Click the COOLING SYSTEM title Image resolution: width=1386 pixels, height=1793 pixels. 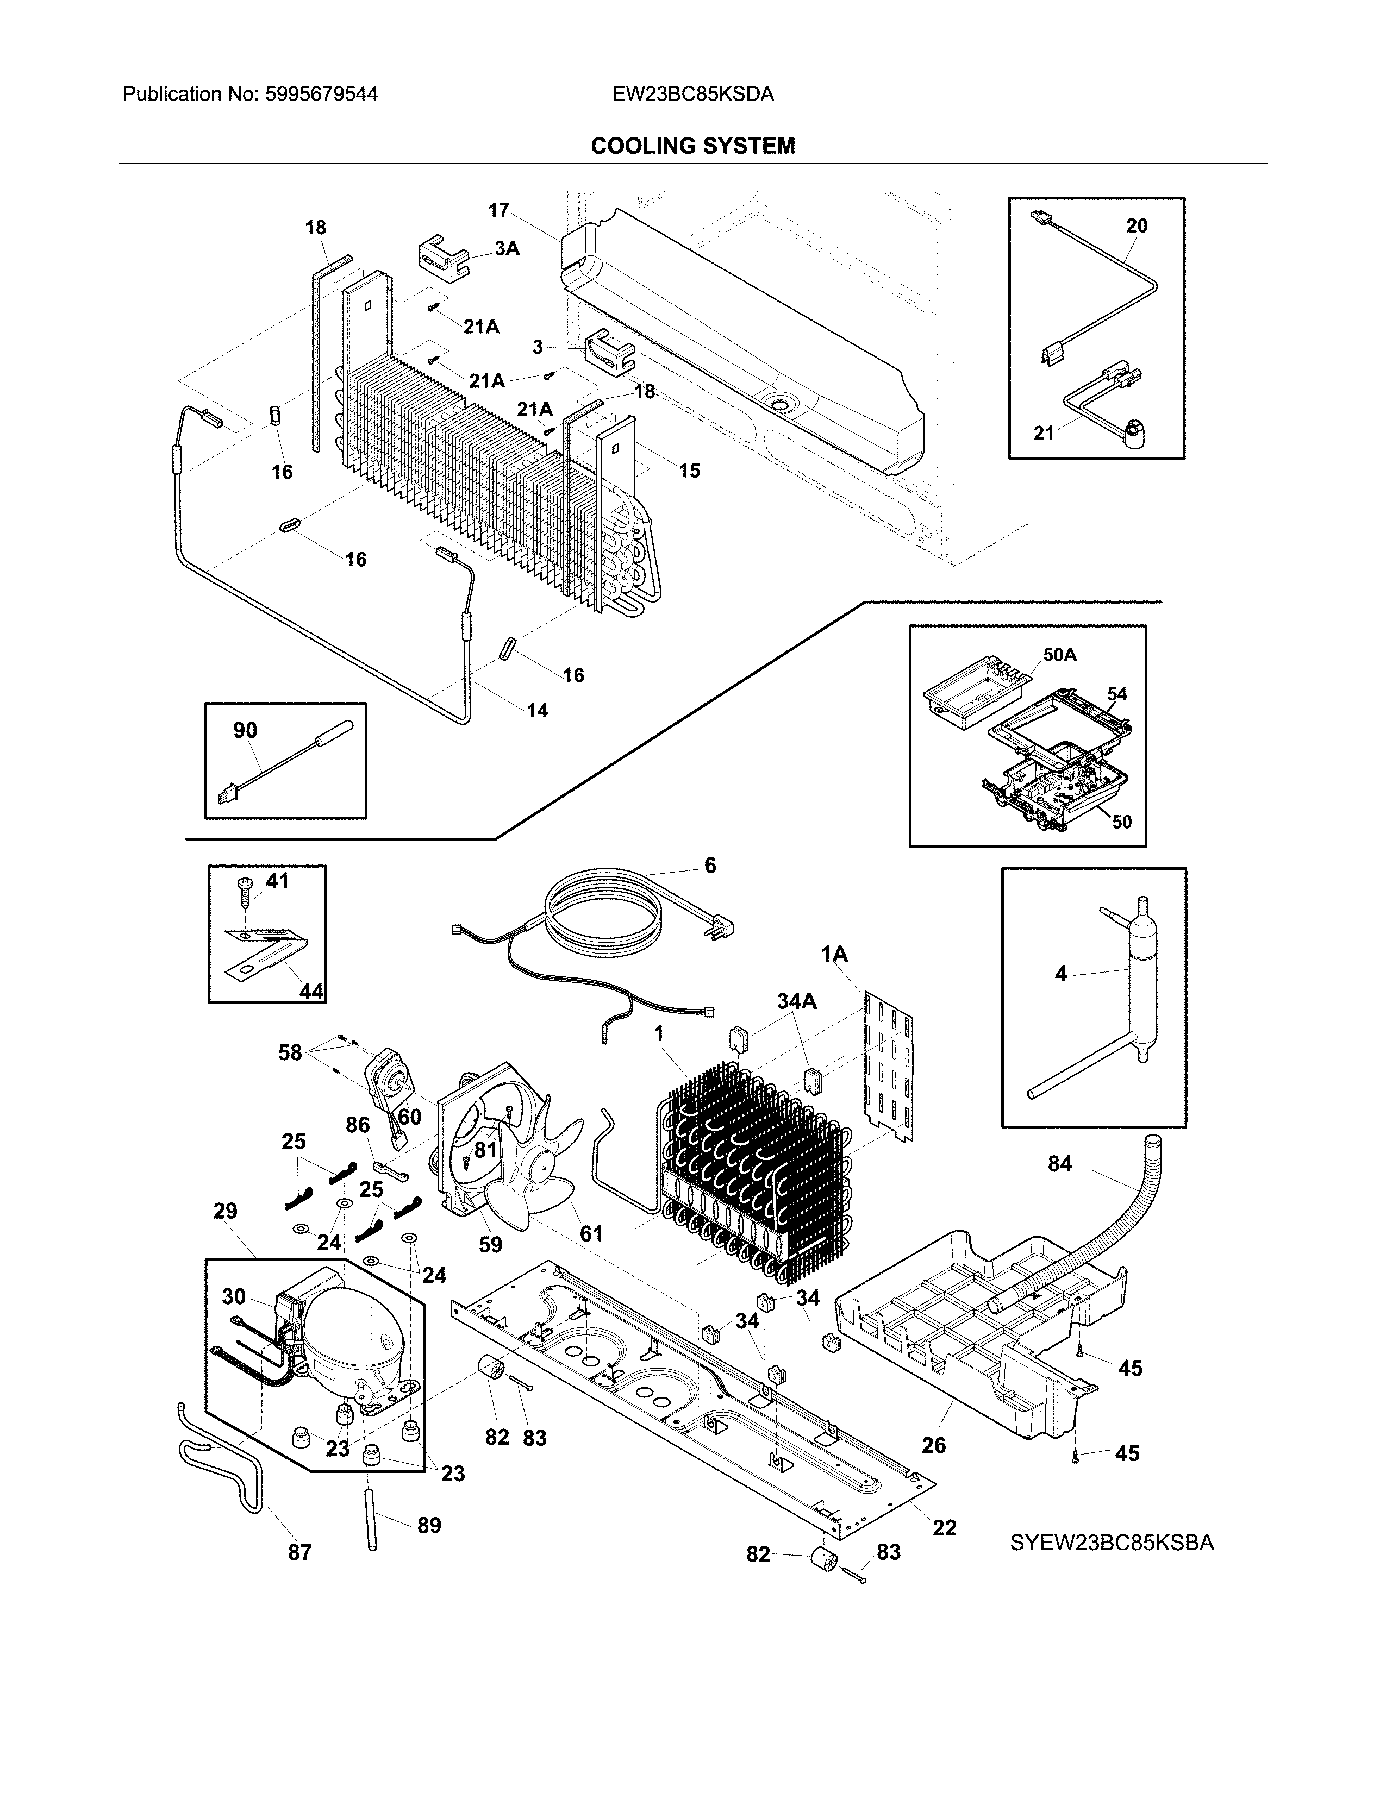pyautogui.click(x=692, y=146)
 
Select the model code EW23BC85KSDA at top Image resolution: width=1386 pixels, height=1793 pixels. pyautogui.click(x=692, y=95)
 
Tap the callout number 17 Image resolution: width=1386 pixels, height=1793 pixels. pyautogui.click(x=498, y=210)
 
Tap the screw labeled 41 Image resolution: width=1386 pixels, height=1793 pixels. pyautogui.click(x=246, y=888)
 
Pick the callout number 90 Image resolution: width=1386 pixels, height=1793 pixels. pyautogui.click(x=245, y=730)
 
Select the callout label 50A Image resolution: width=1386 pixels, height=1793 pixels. pyautogui.click(x=1059, y=654)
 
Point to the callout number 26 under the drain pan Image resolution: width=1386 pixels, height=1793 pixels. pyautogui.click(x=934, y=1445)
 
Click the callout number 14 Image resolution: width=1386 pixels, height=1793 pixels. pyautogui.click(x=536, y=710)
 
